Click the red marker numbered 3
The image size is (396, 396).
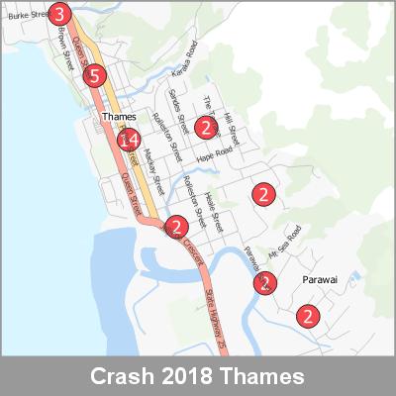[x=59, y=14]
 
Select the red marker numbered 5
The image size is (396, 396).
[x=95, y=75]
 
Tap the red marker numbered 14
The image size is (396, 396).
[x=128, y=140]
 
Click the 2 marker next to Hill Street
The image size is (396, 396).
[x=204, y=126]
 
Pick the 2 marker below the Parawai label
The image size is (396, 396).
[x=310, y=317]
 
